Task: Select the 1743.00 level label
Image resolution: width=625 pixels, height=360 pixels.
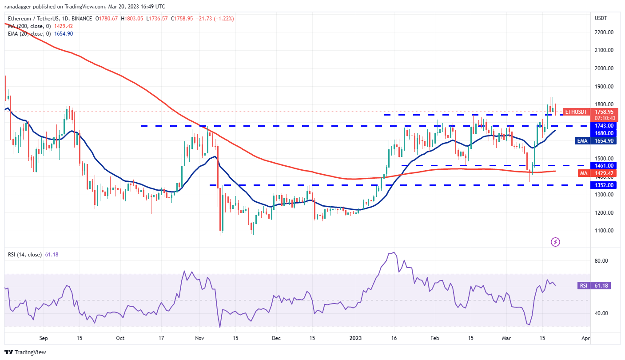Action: (x=604, y=126)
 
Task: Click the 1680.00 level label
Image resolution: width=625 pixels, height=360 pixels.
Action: (x=604, y=133)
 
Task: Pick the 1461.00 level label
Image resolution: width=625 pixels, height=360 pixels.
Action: (x=604, y=165)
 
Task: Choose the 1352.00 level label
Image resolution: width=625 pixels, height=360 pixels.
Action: (x=604, y=185)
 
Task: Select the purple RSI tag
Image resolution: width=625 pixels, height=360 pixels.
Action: (x=583, y=286)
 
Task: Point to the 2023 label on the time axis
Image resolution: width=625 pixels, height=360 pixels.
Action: (x=356, y=338)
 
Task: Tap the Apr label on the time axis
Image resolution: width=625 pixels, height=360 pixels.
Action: (x=585, y=338)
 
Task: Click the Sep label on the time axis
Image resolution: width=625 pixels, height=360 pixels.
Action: (x=43, y=338)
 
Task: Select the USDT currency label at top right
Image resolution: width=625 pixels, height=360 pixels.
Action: (x=601, y=18)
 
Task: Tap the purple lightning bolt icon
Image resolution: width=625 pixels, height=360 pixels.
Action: (x=555, y=242)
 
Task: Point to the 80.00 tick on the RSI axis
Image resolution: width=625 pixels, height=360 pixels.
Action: (x=601, y=261)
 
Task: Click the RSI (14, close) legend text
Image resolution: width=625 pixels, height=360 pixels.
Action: (x=26, y=255)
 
